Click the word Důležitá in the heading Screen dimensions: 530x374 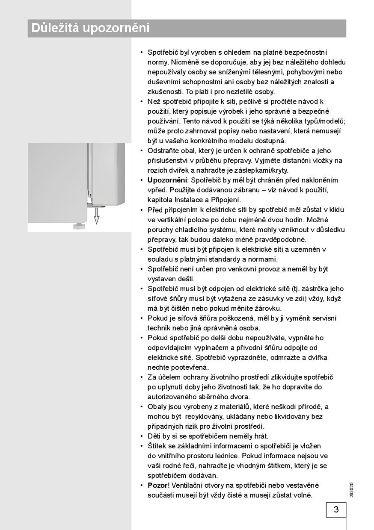pos(55,29)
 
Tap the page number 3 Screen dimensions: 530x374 pos(336,509)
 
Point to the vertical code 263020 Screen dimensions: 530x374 pos(351,490)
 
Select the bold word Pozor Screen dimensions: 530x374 pos(157,485)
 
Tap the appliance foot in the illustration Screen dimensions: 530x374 pos(78,225)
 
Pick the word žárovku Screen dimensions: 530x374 pos(268,308)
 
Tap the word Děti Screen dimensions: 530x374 pos(154,436)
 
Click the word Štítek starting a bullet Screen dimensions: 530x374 pos(157,446)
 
